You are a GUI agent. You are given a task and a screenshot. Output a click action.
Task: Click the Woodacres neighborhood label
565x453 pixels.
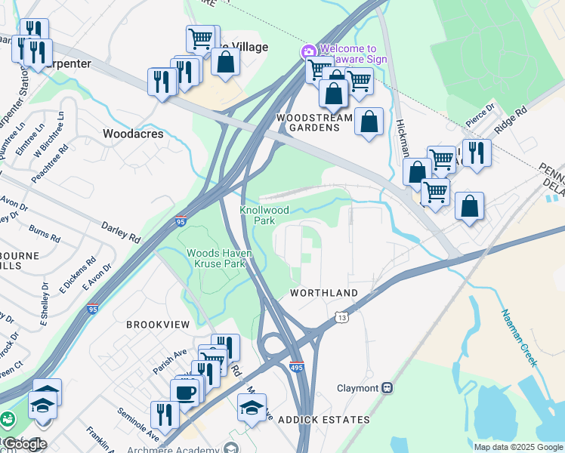[x=132, y=133]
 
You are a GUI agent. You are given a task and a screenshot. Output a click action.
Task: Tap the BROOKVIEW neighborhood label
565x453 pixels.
[x=158, y=323]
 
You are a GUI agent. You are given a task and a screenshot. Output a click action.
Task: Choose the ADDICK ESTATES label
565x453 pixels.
[x=324, y=420]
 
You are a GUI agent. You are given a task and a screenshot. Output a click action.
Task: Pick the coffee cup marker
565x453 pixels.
[x=184, y=393]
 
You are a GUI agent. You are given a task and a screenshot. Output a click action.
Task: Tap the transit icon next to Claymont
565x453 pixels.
[x=387, y=388]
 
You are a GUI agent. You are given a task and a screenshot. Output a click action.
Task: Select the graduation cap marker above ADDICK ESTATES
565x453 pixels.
[x=252, y=408]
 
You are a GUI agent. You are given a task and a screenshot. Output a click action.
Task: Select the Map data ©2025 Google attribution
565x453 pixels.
[x=517, y=447]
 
